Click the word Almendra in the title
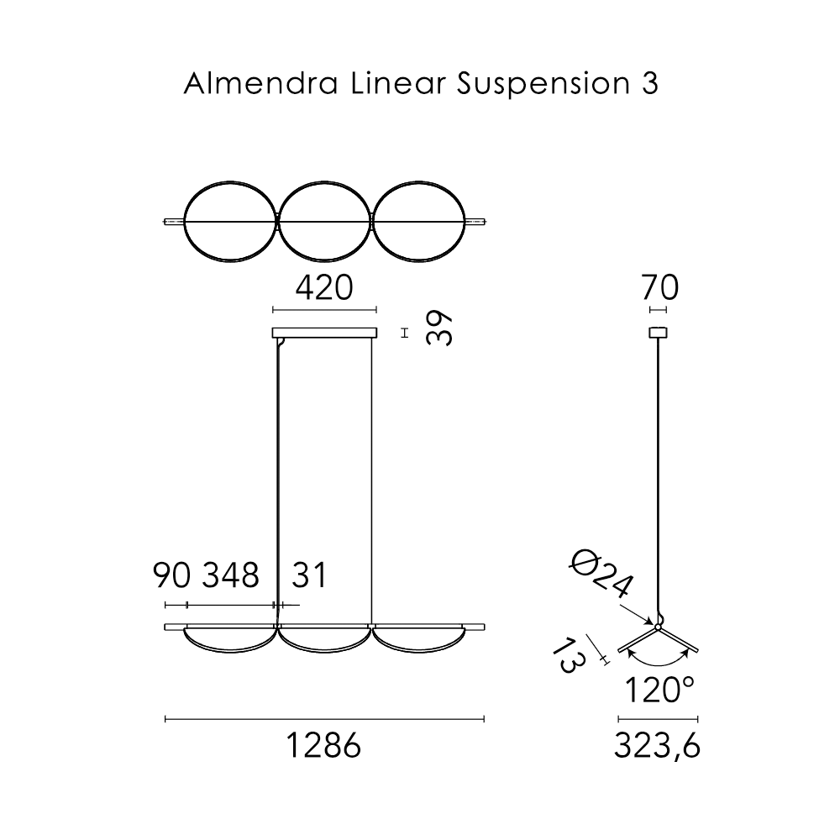[260, 83]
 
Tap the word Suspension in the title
[543, 85]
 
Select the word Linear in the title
[398, 83]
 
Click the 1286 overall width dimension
[324, 745]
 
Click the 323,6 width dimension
[658, 745]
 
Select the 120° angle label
[659, 690]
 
